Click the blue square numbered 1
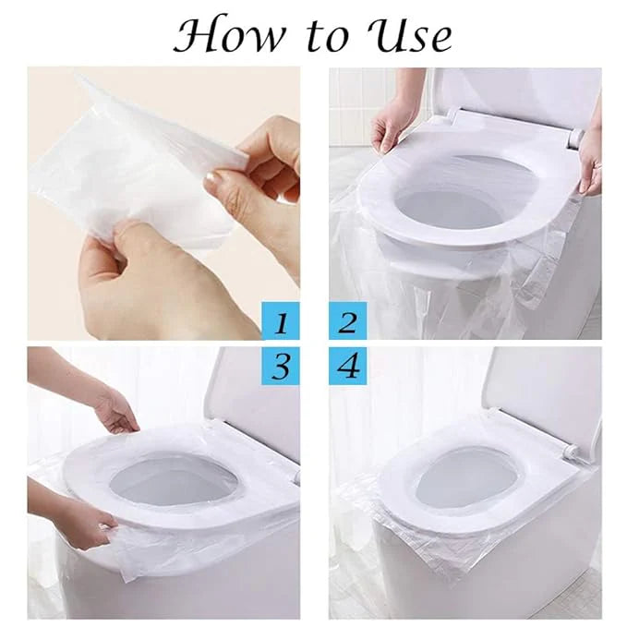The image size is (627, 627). coord(281,322)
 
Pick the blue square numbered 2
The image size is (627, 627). coord(346,322)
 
